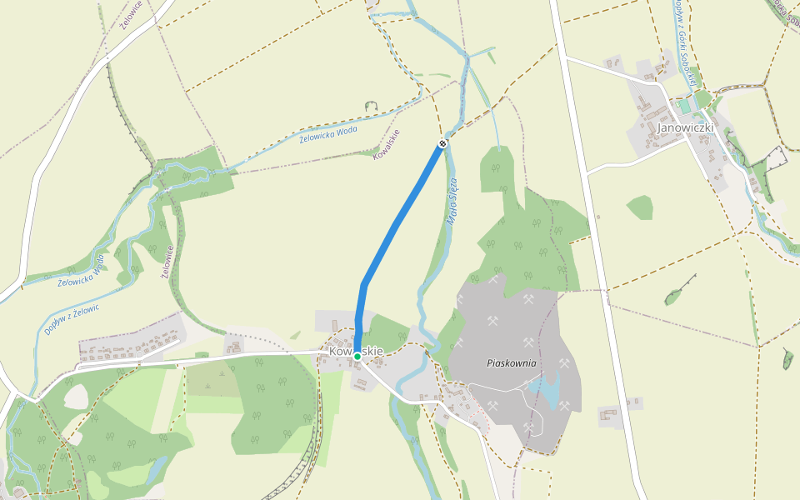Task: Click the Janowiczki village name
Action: click(686, 128)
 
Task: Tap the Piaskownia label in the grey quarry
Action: click(512, 363)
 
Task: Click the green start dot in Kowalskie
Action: click(357, 356)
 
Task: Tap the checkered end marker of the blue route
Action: click(442, 143)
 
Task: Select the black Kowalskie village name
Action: click(356, 351)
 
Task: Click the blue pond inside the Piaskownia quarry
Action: click(546, 390)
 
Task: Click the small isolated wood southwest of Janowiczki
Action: click(640, 207)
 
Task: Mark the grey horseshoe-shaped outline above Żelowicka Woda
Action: click(371, 106)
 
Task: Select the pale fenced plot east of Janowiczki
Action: click(777, 158)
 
